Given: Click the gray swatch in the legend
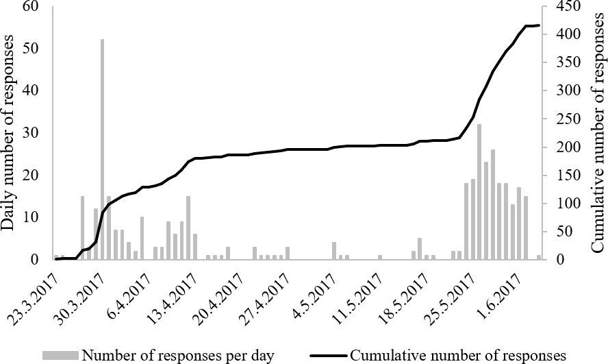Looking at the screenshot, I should click(60, 355).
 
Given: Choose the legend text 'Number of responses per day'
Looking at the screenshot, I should click(178, 355).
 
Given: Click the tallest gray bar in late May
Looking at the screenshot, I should click(479, 192).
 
